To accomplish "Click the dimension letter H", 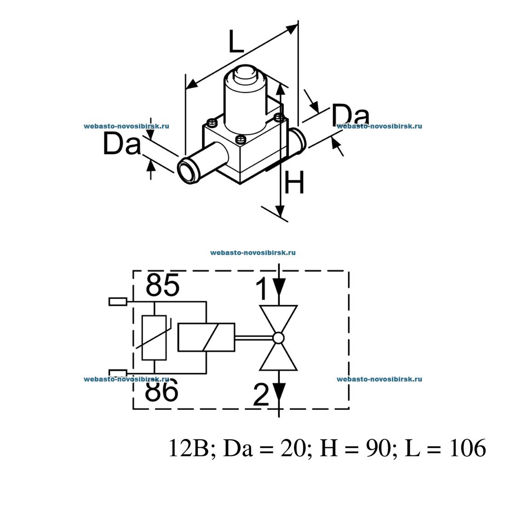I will [294, 182].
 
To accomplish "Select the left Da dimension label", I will [121, 144].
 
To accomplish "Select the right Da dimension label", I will [351, 115].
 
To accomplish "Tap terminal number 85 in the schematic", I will [162, 286].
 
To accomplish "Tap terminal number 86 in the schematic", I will [161, 391].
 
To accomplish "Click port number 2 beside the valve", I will [262, 395].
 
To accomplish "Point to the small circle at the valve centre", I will [278, 338].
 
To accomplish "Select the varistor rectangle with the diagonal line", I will [154, 338].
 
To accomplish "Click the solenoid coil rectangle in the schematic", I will [206, 338].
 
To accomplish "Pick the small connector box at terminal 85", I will [118, 302].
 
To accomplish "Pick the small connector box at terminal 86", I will [118, 373].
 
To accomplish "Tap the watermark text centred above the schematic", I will [253, 253].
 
